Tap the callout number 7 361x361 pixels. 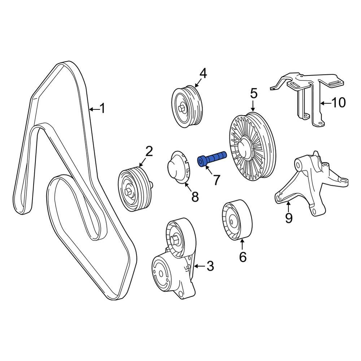coord(216,179)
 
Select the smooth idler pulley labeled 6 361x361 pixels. coord(236,219)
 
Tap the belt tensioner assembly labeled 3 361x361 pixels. coord(173,264)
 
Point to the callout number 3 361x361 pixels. coord(210,266)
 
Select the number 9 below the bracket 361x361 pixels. coord(288,218)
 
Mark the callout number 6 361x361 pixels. coord(242,257)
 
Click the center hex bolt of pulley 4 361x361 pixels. coord(182,108)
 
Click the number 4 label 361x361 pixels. coord(203,74)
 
